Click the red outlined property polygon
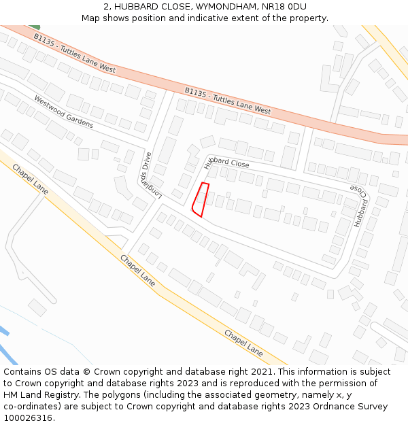point(201,199)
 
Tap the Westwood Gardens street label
point(63,111)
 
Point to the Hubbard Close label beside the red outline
point(226,161)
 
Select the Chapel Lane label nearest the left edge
point(30,179)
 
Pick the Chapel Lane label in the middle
point(137,270)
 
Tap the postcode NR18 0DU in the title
point(278,7)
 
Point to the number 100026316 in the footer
point(27,418)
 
